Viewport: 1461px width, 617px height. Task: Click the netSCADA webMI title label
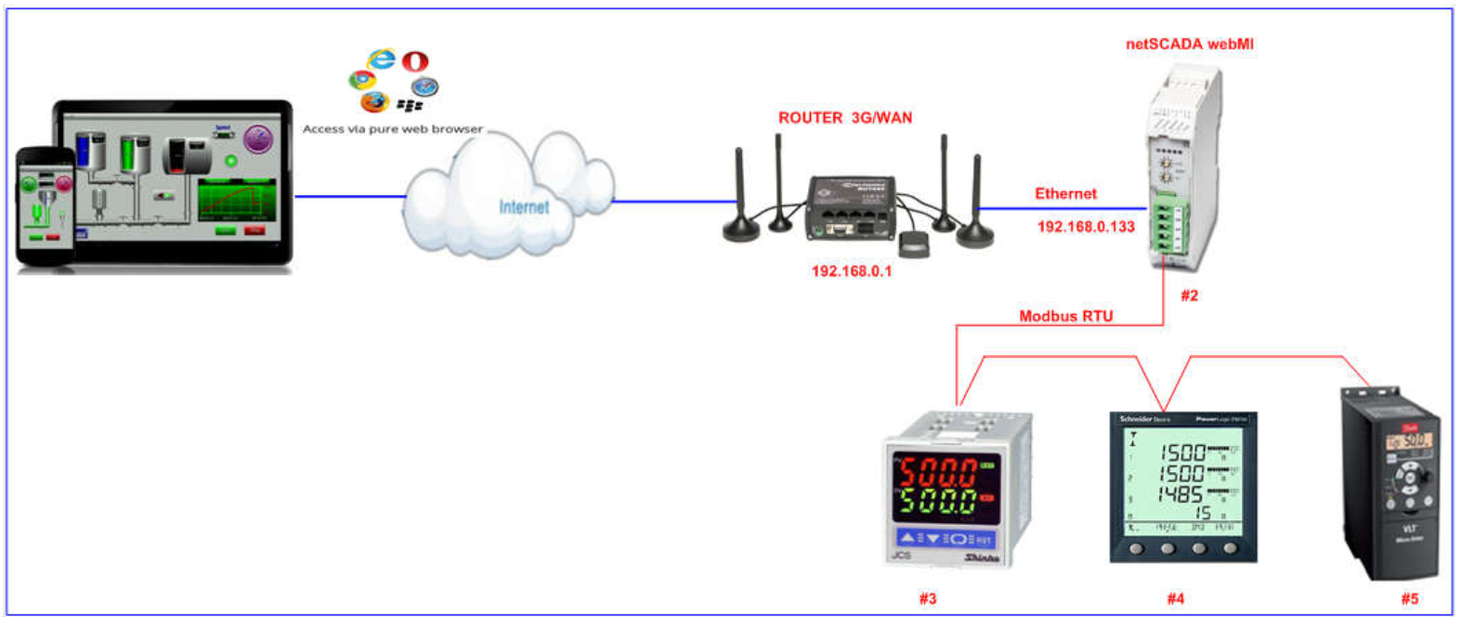coord(1189,44)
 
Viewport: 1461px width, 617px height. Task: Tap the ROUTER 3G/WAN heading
coord(844,118)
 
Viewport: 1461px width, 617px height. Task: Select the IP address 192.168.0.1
coord(851,271)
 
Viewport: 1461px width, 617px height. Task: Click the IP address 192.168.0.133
coord(1086,227)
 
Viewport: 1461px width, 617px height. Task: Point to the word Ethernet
coord(1065,193)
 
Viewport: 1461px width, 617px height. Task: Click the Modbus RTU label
coord(1065,316)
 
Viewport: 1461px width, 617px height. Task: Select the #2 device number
coord(1189,295)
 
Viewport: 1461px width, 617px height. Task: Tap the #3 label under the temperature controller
coord(927,598)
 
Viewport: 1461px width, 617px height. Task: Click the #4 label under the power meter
coord(1175,598)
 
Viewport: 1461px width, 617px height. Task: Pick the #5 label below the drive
coord(1409,598)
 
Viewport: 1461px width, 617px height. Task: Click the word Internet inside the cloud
coord(524,206)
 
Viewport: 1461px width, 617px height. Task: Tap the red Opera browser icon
coord(415,61)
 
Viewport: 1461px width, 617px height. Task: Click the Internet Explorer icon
coord(381,59)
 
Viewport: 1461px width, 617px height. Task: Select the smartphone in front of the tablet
coord(46,206)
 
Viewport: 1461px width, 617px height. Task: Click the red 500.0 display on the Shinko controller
coord(936,471)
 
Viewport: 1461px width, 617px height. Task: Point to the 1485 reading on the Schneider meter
coord(1181,494)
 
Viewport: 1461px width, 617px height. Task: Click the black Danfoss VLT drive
coord(1389,483)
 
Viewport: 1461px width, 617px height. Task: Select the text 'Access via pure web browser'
coord(392,129)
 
